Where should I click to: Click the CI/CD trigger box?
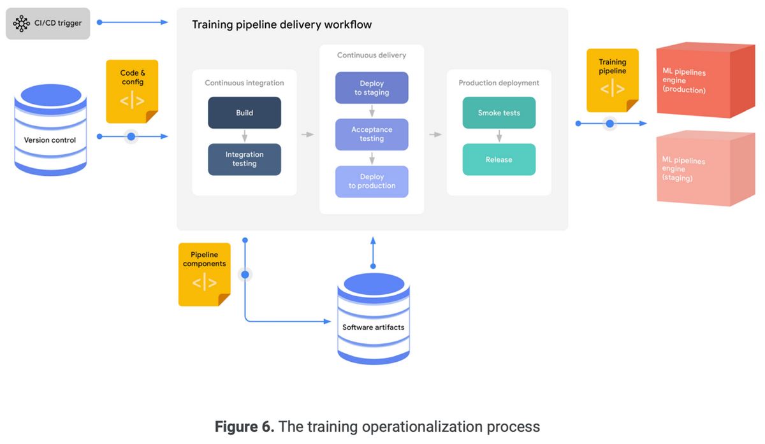pyautogui.click(x=48, y=24)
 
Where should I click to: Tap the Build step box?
pyautogui.click(x=244, y=113)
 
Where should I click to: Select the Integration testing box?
pyautogui.click(x=244, y=159)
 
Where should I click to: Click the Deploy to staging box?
pyautogui.click(x=372, y=88)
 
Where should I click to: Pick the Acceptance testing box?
pyautogui.click(x=372, y=134)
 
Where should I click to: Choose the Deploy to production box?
pyautogui.click(x=372, y=182)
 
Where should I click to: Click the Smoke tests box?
pyautogui.click(x=499, y=113)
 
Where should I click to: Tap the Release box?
pyautogui.click(x=499, y=159)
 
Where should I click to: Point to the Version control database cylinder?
pyautogui.click(x=50, y=131)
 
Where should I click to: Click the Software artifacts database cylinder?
pyautogui.click(x=373, y=319)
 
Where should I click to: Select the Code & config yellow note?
pyautogui.click(x=132, y=90)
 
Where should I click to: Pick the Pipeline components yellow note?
pyautogui.click(x=204, y=274)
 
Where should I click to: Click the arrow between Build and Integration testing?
pyautogui.click(x=244, y=136)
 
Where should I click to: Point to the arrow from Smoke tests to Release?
pyautogui.click(x=499, y=136)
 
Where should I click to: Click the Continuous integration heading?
pyautogui.click(x=244, y=83)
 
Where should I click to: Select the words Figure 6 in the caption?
pyautogui.click(x=244, y=427)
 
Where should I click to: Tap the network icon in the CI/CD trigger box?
pyautogui.click(x=22, y=24)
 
